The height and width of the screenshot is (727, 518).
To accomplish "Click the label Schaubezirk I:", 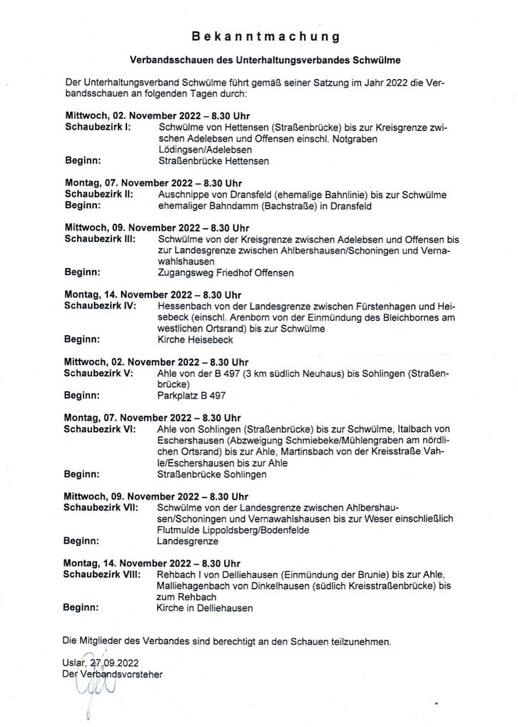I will pyautogui.click(x=97, y=127).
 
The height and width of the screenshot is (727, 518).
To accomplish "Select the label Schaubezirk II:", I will pyautogui.click(x=98, y=194).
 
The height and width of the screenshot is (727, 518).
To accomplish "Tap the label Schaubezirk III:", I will pyautogui.click(x=100, y=239).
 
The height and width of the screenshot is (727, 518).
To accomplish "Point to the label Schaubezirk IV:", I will pyautogui.click(x=100, y=306).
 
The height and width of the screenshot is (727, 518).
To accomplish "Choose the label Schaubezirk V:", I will pyautogui.click(x=98, y=373).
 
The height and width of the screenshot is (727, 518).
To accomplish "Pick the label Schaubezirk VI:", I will pyautogui.click(x=100, y=429).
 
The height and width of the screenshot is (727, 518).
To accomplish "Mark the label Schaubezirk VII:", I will pyautogui.click(x=101, y=507).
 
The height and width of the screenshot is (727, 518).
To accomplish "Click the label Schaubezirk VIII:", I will pyautogui.click(x=103, y=574).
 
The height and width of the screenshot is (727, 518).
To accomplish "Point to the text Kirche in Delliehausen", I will pyautogui.click(x=204, y=609).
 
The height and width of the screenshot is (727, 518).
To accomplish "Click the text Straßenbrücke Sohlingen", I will pyautogui.click(x=211, y=474).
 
